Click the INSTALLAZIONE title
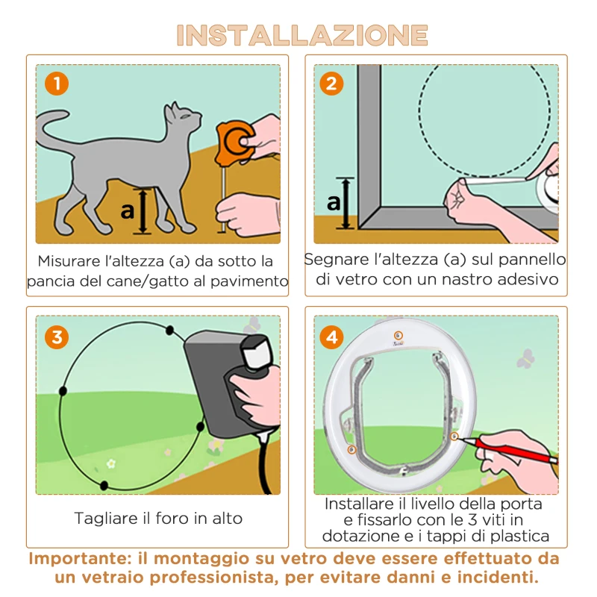[x=301, y=35]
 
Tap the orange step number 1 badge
[x=56, y=84]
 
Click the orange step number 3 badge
[x=56, y=337]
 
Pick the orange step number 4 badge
[x=332, y=337]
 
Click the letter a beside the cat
[x=128, y=210]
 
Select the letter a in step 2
[x=334, y=201]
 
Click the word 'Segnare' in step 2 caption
[x=336, y=260]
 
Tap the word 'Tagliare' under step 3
[x=104, y=518]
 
